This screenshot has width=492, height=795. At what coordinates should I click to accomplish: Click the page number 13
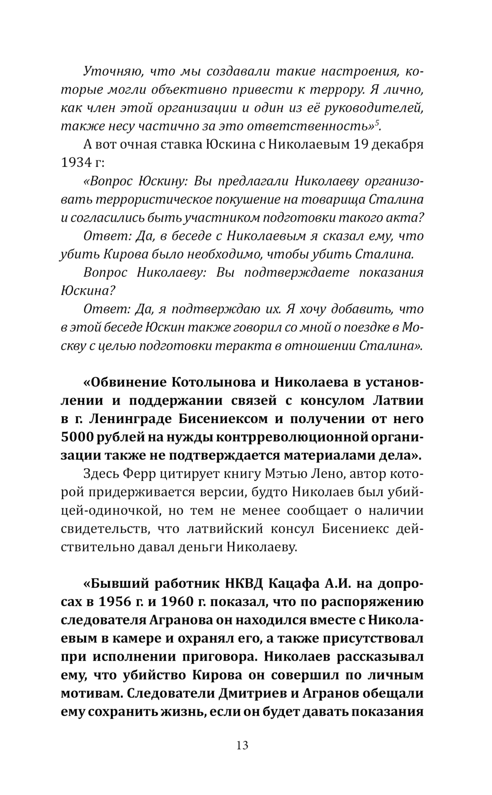tap(242, 745)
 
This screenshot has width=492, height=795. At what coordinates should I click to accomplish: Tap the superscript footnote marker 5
tap(377, 122)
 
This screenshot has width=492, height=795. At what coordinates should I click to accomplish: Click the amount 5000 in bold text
tap(77, 437)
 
